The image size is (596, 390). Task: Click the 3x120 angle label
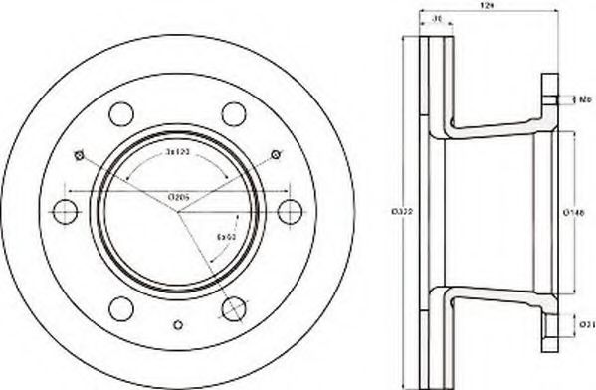(178, 157)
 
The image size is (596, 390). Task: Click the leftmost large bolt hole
(65, 211)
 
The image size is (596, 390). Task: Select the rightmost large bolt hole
(291, 211)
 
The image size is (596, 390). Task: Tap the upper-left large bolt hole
(121, 112)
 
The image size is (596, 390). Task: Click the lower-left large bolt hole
(121, 308)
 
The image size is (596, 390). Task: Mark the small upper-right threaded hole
(275, 154)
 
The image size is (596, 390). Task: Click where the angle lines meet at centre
(178, 211)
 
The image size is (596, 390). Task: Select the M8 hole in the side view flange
(552, 99)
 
